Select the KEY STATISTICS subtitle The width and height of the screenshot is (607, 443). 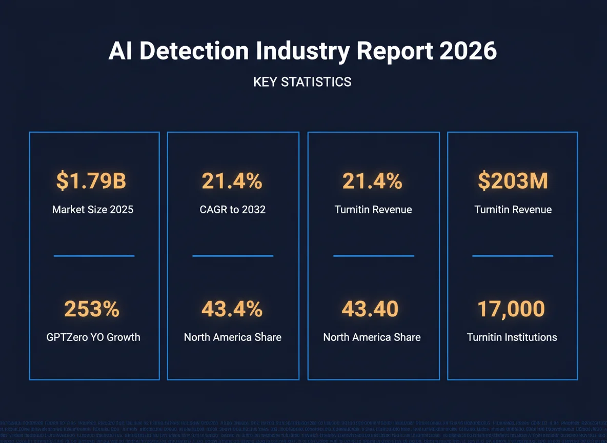tap(302, 82)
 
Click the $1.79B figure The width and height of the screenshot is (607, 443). tap(91, 181)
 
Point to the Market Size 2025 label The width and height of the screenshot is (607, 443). tap(93, 210)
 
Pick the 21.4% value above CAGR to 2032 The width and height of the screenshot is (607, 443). tap(232, 181)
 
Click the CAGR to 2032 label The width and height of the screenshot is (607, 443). tap(233, 210)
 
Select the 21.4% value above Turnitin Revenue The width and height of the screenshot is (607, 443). tap(373, 181)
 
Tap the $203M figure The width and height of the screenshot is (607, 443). tap(513, 181)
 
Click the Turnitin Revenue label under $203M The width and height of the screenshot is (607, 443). tap(513, 210)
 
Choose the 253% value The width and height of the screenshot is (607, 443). tap(92, 309)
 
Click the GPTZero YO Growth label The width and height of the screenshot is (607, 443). tap(93, 337)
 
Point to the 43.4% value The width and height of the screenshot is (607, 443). tap(232, 309)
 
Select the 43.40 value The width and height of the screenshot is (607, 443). tap(370, 309)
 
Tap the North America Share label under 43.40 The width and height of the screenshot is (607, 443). tap(372, 337)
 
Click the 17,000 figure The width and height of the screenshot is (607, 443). tap(511, 309)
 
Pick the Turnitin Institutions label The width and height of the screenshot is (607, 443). tap(512, 337)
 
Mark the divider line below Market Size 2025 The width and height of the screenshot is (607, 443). tap(94, 256)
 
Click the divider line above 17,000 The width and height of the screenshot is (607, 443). tap(513, 255)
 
